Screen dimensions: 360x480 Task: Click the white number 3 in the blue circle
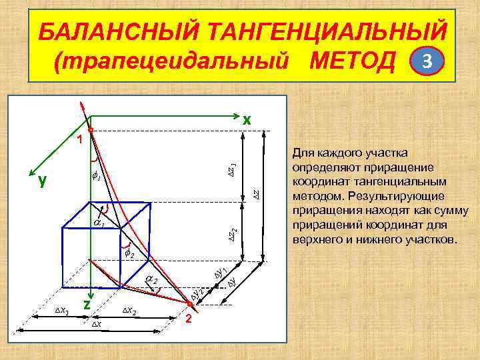click(429, 63)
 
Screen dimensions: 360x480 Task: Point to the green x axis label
click(247, 120)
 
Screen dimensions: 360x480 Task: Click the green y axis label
click(43, 179)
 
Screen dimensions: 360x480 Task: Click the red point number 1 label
click(78, 140)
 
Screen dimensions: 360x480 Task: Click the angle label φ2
click(130, 255)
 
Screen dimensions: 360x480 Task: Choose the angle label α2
click(152, 279)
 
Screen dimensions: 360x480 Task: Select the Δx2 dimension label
click(130, 311)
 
